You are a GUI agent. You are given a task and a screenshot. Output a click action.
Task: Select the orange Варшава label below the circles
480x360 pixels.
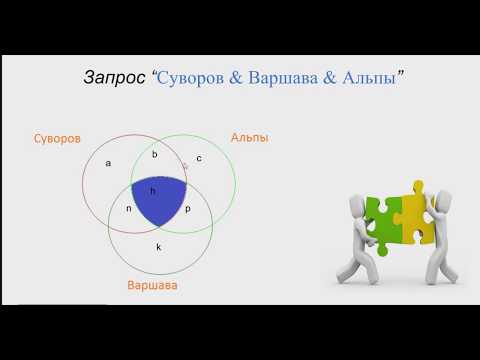tap(152, 286)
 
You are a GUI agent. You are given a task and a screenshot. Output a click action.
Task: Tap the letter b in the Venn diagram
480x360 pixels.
tap(154, 154)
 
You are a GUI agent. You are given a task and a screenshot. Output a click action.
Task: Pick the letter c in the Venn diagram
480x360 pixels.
tap(199, 158)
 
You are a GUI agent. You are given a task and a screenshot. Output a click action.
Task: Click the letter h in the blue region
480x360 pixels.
tap(152, 190)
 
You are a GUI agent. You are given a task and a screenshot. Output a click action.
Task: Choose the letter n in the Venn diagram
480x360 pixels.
tap(128, 209)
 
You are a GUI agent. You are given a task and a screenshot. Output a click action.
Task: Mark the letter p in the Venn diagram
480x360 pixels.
tap(187, 209)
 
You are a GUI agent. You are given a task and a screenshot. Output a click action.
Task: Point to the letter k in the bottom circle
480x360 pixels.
tap(158, 245)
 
